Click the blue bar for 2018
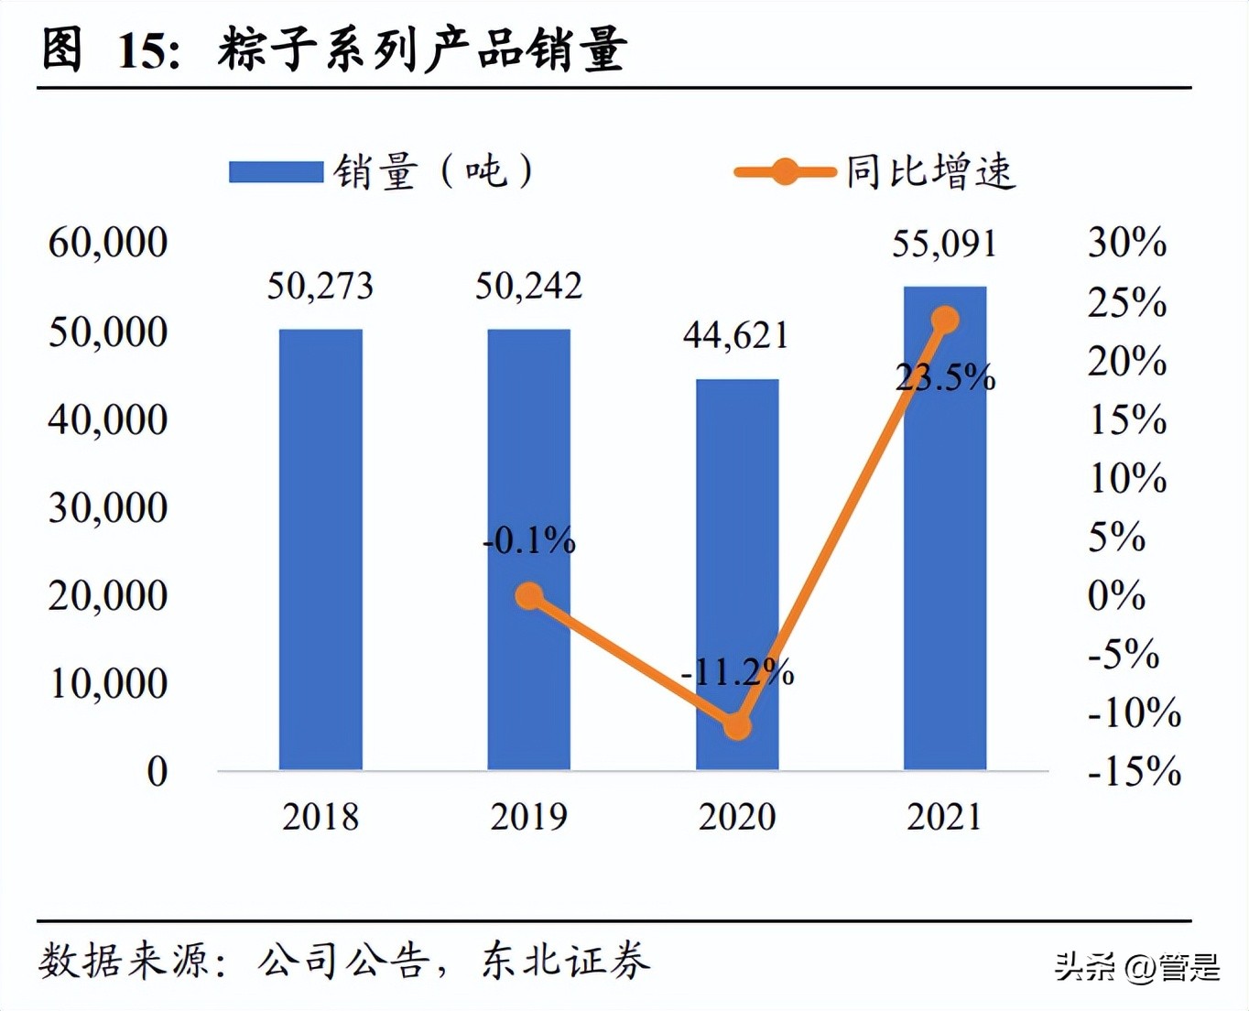320,549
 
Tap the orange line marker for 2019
529,596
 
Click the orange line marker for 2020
737,726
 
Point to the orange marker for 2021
945,320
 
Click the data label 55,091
944,245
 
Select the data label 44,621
736,336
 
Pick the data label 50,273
320,287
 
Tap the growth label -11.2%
737,673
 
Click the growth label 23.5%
945,377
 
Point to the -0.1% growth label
529,541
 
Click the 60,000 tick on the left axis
108,243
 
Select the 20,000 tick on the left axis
108,596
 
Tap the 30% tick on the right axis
1126,243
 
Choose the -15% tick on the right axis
1134,772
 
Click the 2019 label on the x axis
529,817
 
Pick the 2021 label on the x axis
944,817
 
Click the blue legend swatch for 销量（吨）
276,172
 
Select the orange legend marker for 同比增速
785,172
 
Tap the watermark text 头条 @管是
1137,967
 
